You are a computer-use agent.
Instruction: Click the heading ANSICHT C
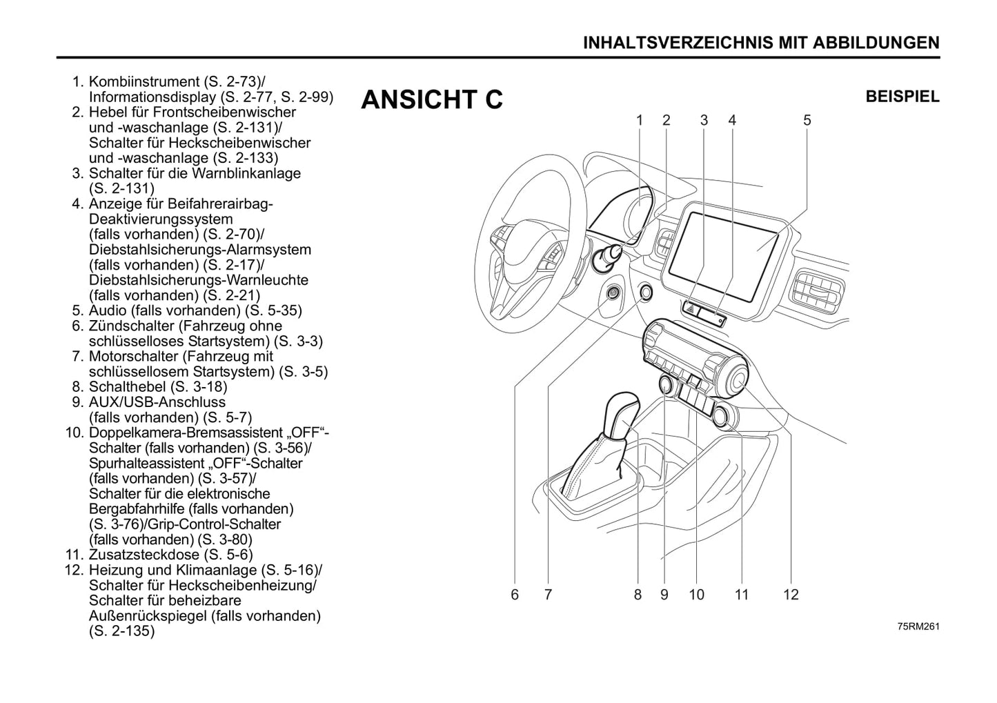432,100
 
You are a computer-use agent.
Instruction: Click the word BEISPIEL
902,97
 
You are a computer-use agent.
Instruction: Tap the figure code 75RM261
918,626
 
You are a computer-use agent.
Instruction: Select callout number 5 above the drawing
807,121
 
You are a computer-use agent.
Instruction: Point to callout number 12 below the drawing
790,595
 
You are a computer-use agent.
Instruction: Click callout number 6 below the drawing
515,595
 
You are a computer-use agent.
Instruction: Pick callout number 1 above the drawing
640,121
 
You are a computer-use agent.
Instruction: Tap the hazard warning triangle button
691,310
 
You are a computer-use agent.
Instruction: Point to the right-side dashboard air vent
818,289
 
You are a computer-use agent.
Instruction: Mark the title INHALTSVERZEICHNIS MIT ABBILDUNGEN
761,43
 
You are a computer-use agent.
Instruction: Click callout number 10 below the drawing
696,595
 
